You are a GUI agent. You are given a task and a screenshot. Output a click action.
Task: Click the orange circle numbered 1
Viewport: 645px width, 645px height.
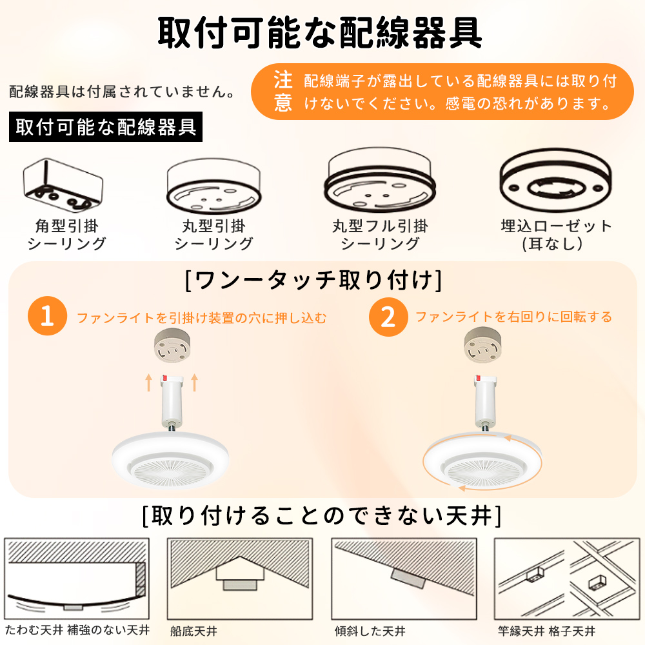coord(47,316)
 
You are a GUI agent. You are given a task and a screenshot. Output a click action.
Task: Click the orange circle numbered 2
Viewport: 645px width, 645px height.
coord(388,317)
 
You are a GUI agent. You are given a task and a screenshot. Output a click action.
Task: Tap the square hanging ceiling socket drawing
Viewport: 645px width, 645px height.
coord(63,185)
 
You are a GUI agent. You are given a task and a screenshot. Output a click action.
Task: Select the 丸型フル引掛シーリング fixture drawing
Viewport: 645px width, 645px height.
coord(380,180)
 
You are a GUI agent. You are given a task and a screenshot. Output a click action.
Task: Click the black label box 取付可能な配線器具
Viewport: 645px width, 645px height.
coord(106,126)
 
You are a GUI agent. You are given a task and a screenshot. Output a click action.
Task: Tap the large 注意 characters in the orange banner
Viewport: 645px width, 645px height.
coord(283,92)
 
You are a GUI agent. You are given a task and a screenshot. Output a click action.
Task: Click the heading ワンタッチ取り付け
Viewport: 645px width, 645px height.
coord(313,281)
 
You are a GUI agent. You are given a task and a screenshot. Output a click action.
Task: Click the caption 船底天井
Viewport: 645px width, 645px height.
coord(193,631)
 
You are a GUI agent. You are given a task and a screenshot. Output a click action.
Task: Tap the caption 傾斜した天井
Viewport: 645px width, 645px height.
coord(370,631)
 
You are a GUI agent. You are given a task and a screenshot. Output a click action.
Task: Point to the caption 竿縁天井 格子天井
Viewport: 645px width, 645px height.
coord(547,631)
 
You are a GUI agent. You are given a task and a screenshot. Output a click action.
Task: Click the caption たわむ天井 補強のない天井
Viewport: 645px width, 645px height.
coord(77,630)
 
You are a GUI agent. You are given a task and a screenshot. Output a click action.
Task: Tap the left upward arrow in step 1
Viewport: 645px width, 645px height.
coord(149,382)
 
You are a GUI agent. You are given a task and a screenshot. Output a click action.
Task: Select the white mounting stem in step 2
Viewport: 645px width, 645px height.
coord(486,403)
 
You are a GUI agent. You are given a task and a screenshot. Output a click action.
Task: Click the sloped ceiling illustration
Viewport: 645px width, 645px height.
coord(404,579)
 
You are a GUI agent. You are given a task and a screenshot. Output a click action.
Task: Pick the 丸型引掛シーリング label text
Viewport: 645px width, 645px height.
coord(214,235)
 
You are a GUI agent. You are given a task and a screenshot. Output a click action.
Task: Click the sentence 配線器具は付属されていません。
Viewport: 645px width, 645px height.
coord(122,92)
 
